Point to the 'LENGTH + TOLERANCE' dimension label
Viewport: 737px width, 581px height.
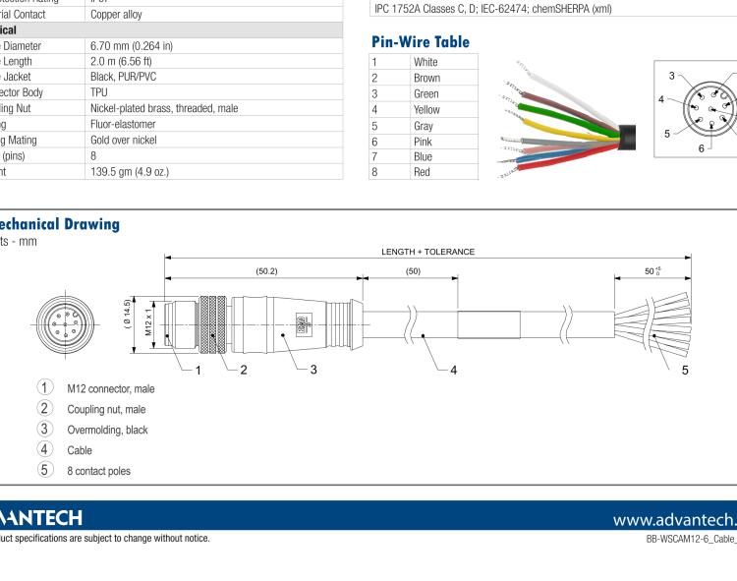coord(427,252)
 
